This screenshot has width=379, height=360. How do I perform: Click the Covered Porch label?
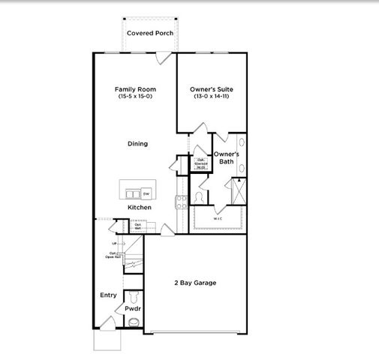[150, 33]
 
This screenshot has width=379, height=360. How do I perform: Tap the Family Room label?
[135, 88]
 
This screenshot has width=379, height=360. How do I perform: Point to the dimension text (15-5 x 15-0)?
[135, 97]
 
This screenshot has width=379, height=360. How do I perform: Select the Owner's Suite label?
[212, 88]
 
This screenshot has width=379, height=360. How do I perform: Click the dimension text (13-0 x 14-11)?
[212, 97]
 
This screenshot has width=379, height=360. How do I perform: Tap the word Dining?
[137, 143]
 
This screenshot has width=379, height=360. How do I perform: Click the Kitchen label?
[139, 207]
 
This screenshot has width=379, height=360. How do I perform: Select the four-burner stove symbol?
[181, 201]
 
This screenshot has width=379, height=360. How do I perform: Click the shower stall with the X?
[239, 191]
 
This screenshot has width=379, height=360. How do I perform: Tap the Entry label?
[107, 295]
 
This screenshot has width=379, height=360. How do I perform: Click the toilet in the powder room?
[134, 322]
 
